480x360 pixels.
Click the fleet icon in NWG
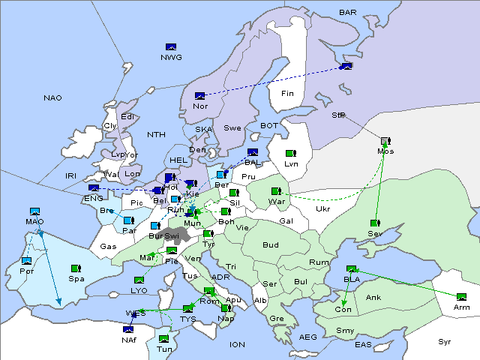click(170, 47)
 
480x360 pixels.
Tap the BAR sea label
click(348, 13)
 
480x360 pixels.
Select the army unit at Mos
click(385, 141)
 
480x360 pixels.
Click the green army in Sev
click(373, 223)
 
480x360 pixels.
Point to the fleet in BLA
click(351, 269)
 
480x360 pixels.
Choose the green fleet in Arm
click(461, 297)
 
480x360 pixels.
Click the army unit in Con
click(343, 299)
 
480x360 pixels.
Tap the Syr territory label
click(445, 342)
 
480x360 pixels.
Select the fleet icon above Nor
click(199, 96)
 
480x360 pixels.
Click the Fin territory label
click(286, 94)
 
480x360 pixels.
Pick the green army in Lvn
click(289, 154)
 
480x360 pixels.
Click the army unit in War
click(276, 191)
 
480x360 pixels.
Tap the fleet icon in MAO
click(34, 212)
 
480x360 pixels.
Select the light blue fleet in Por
click(26, 261)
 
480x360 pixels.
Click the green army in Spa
click(75, 268)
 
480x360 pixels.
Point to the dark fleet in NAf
click(127, 328)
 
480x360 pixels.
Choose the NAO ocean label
click(52, 98)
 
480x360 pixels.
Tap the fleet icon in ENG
click(94, 188)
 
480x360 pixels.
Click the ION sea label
click(238, 345)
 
